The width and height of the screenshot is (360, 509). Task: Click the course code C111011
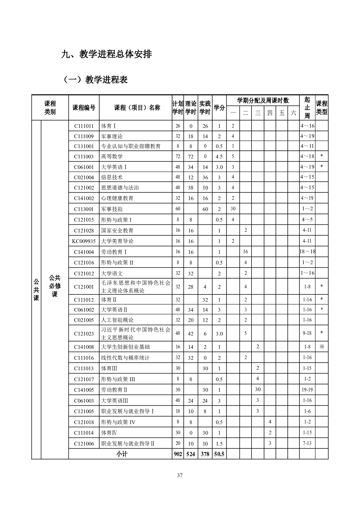tap(84, 126)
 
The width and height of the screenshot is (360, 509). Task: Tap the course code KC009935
tap(84, 241)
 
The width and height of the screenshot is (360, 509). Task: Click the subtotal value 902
tap(178, 454)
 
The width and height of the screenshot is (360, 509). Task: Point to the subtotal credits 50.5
tap(219, 454)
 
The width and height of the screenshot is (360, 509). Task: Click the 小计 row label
tap(122, 454)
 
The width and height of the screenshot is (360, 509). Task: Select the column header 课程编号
tap(84, 108)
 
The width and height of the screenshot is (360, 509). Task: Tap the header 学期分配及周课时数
tap(263, 101)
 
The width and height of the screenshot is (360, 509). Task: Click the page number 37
tap(180, 475)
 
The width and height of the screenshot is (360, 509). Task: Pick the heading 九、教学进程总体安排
tap(106, 54)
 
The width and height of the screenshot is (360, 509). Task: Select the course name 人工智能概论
tap(117, 320)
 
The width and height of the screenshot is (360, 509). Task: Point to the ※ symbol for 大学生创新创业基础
tap(322, 347)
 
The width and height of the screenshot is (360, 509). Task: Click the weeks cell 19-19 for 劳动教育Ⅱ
tap(307, 390)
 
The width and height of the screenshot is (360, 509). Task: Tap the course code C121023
tap(84, 334)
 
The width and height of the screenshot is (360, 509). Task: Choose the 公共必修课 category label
tap(55, 286)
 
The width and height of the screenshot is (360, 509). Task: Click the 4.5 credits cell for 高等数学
tap(219, 157)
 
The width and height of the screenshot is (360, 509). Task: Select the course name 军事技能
tap(112, 209)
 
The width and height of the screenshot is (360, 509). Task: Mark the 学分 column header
tap(219, 108)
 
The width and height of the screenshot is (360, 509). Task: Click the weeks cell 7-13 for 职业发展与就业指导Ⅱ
tap(307, 443)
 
